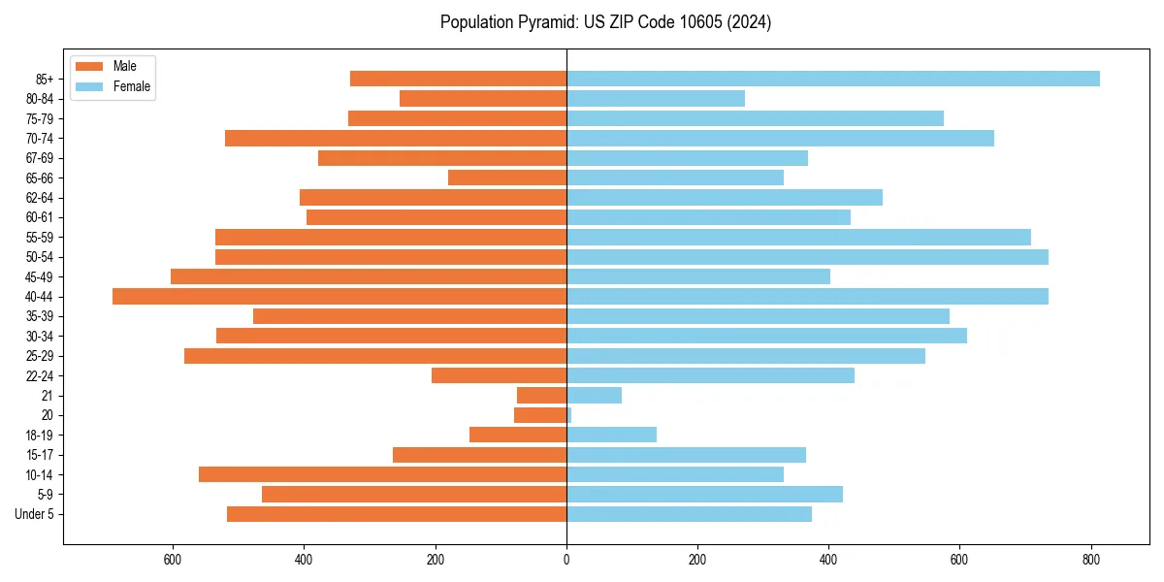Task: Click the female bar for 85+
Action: (832, 79)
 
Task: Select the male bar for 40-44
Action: (339, 297)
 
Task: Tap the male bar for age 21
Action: (541, 396)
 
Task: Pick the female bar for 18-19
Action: (611, 435)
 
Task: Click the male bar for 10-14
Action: (382, 474)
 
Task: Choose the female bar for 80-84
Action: (656, 99)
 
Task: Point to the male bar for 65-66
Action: (507, 178)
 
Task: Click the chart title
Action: (605, 22)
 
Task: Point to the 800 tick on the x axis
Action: (1091, 560)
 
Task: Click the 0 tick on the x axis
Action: (566, 560)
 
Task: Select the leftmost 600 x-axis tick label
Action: (173, 560)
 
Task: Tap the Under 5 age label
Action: (34, 514)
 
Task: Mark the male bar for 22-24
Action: (499, 375)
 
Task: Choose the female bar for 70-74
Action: (780, 139)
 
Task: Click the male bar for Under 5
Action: (397, 514)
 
